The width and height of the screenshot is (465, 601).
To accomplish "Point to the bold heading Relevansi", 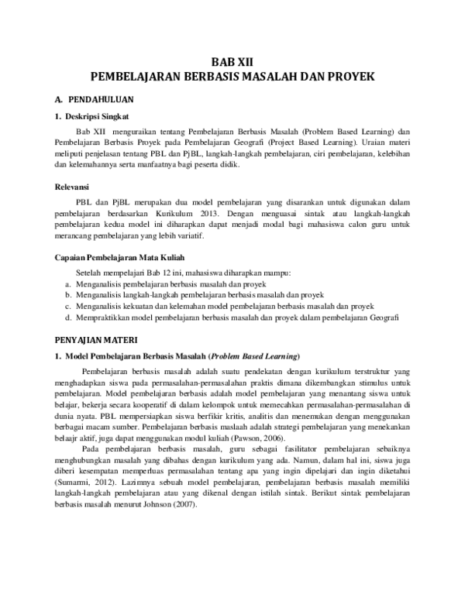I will [71, 187].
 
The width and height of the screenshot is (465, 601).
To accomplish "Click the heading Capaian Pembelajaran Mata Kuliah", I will [119, 257].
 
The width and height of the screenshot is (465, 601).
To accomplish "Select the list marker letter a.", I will [68, 284].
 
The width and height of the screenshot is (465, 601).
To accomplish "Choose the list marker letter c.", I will [68, 306].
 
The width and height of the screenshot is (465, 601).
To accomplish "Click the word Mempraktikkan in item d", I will [102, 318].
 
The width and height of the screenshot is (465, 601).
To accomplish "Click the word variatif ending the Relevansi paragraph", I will [188, 234].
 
